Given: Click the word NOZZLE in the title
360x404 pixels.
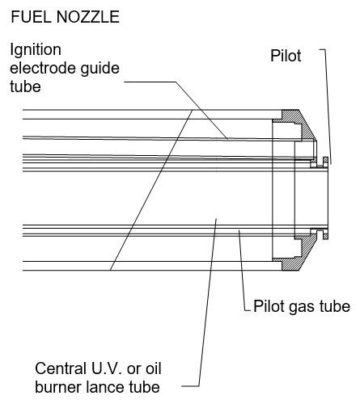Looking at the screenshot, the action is point(88,17).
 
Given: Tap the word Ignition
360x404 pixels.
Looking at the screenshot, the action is point(36,51).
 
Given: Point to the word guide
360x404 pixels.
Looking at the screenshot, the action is point(95,69).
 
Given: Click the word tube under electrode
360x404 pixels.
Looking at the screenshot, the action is point(25,86).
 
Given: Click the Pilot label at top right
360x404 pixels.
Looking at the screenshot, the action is point(286,56).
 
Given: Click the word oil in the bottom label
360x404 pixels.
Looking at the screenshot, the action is point(153,368).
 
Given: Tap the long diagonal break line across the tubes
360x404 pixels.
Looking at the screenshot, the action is point(151,190).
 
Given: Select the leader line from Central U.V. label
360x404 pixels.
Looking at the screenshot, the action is point(208,301).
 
